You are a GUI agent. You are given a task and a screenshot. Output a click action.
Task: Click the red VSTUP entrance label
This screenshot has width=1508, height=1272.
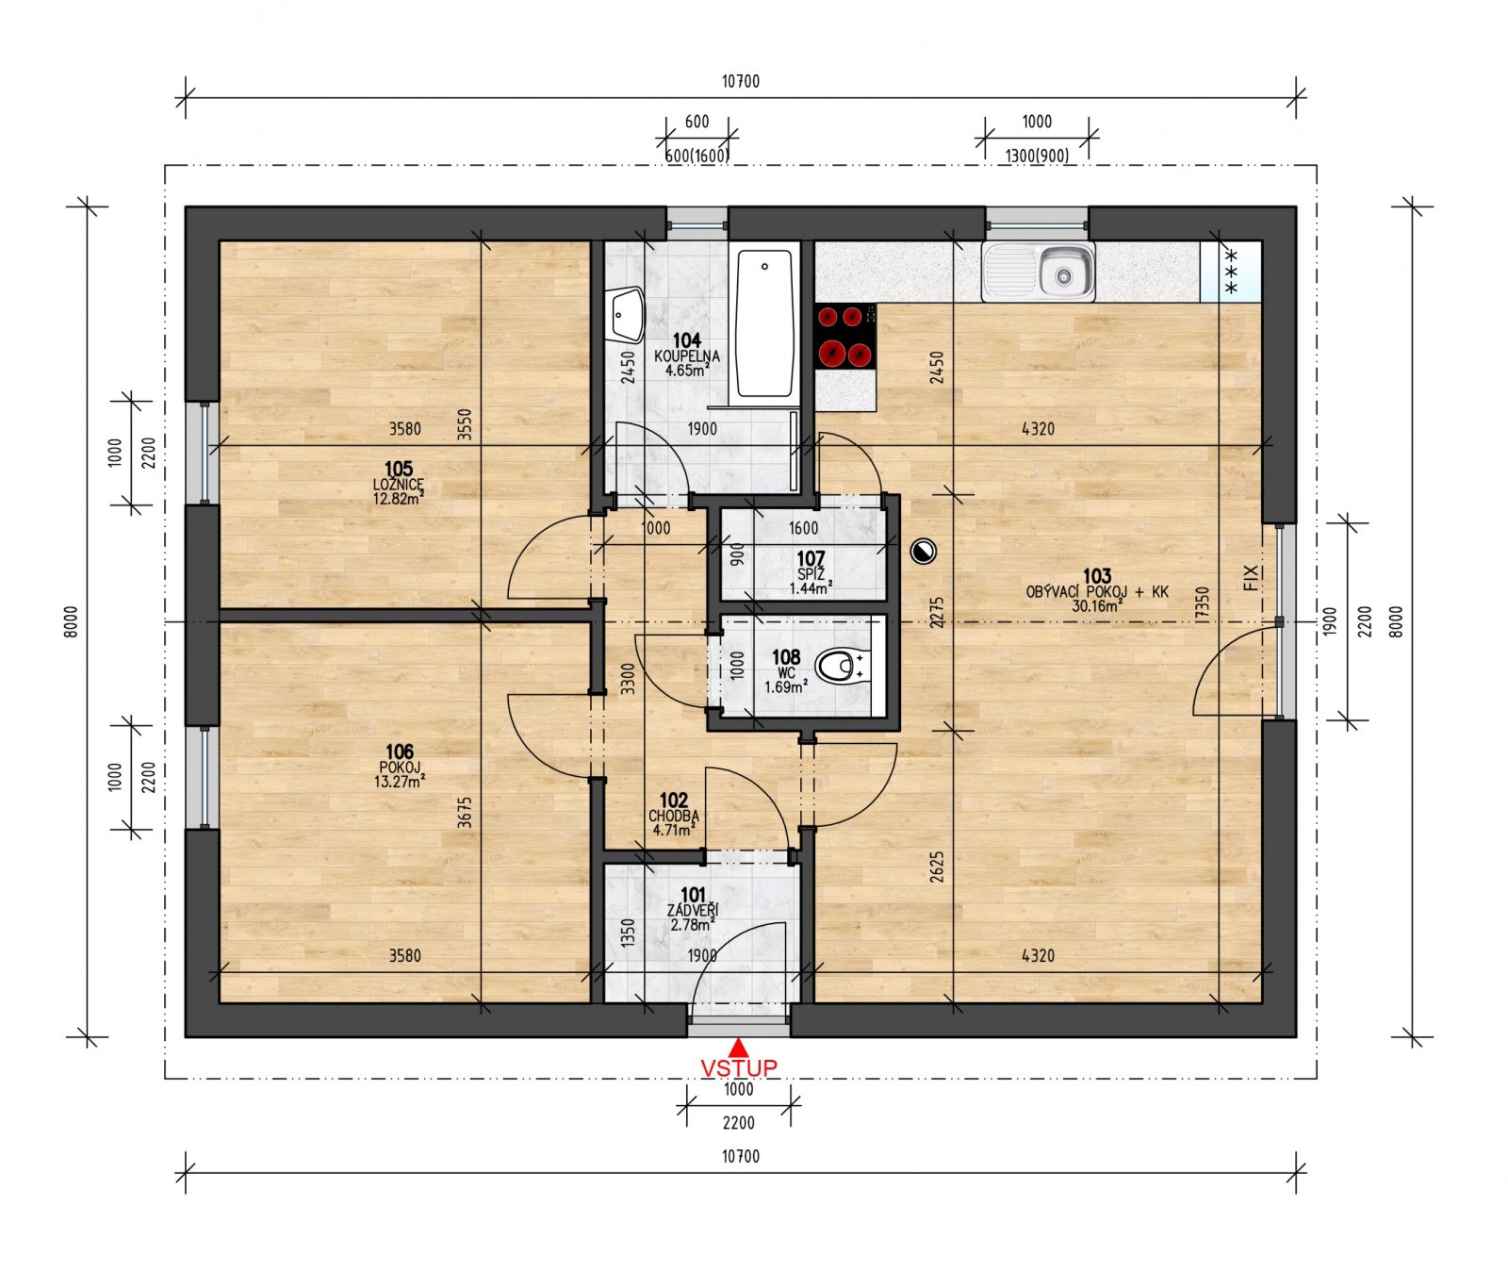[739, 1067]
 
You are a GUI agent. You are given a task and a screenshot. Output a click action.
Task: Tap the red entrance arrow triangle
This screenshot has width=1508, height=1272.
[739, 1047]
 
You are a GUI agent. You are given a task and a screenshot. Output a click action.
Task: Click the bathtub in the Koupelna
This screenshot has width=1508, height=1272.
[764, 323]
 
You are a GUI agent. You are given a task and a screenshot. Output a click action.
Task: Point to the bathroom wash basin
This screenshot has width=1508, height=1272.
[626, 315]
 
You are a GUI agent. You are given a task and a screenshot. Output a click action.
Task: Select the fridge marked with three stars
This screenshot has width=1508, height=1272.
[1231, 272]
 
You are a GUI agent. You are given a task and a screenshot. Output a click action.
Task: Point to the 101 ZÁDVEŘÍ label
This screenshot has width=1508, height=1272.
[693, 909]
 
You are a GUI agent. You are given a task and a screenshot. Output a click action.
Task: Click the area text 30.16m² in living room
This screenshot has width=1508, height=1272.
[1096, 606]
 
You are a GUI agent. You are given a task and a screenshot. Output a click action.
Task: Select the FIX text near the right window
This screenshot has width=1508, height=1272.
[1251, 576]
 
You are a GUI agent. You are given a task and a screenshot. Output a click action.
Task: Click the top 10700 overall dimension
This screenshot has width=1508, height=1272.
[741, 81]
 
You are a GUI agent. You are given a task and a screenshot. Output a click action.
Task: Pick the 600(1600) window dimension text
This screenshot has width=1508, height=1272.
[697, 155]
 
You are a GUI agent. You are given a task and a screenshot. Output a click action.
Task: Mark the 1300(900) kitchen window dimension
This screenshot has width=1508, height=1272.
[1037, 155]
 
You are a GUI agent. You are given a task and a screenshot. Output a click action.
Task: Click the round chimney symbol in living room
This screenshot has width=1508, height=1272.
[924, 552]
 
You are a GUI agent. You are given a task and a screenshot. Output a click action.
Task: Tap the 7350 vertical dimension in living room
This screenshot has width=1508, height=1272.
[1202, 603]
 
